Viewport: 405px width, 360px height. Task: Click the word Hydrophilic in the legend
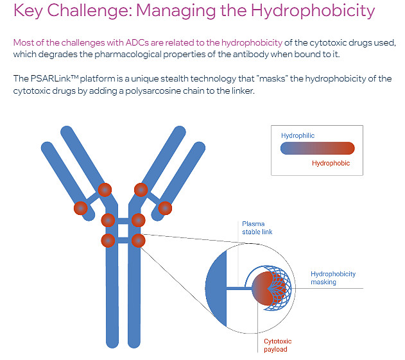click(x=298, y=135)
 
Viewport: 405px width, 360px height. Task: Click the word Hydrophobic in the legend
click(x=331, y=163)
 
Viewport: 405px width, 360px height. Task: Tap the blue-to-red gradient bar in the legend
click(x=318, y=148)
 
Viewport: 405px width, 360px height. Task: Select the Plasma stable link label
click(x=257, y=228)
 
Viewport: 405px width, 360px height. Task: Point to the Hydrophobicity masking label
click(x=333, y=278)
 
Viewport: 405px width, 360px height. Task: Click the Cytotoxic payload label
click(x=278, y=345)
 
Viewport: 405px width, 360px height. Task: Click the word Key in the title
click(x=28, y=11)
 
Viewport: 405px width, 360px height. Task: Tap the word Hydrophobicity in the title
click(x=313, y=11)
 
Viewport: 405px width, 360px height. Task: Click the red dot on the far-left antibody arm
click(x=81, y=208)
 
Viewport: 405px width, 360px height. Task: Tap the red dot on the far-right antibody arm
click(x=165, y=208)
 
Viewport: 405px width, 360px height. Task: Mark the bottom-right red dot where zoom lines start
click(x=139, y=241)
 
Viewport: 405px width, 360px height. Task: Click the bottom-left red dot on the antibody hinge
click(x=108, y=241)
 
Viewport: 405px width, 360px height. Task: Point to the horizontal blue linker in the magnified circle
click(x=239, y=289)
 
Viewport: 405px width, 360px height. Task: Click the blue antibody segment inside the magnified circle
click(x=217, y=289)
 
